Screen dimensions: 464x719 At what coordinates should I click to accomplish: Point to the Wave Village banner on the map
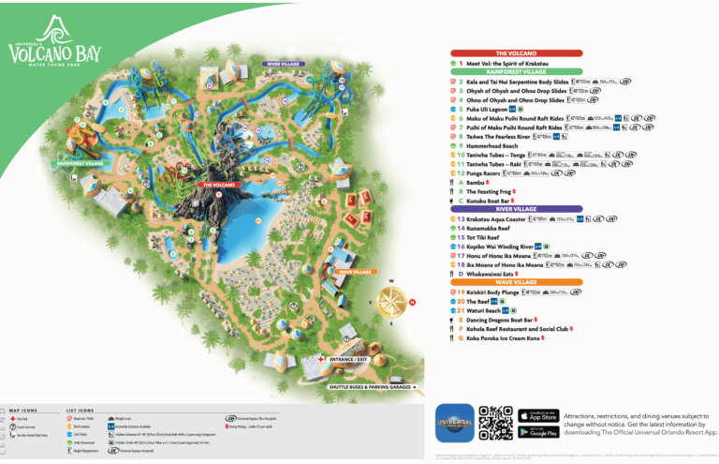[x=355, y=272]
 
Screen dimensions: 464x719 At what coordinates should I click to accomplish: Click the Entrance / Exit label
[x=346, y=359]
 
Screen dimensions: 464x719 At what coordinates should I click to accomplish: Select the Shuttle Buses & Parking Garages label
[x=370, y=386]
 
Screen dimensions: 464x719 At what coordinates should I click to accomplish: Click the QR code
[x=495, y=424]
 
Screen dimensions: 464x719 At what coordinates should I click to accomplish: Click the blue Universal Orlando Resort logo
[x=454, y=423]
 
